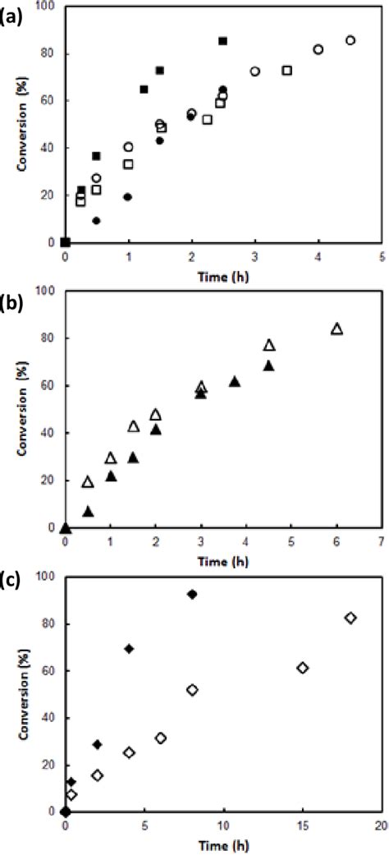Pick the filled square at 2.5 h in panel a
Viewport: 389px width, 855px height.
(223, 41)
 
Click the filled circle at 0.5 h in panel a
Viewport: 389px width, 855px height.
(96, 221)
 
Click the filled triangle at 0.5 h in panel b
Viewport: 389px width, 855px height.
(88, 512)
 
